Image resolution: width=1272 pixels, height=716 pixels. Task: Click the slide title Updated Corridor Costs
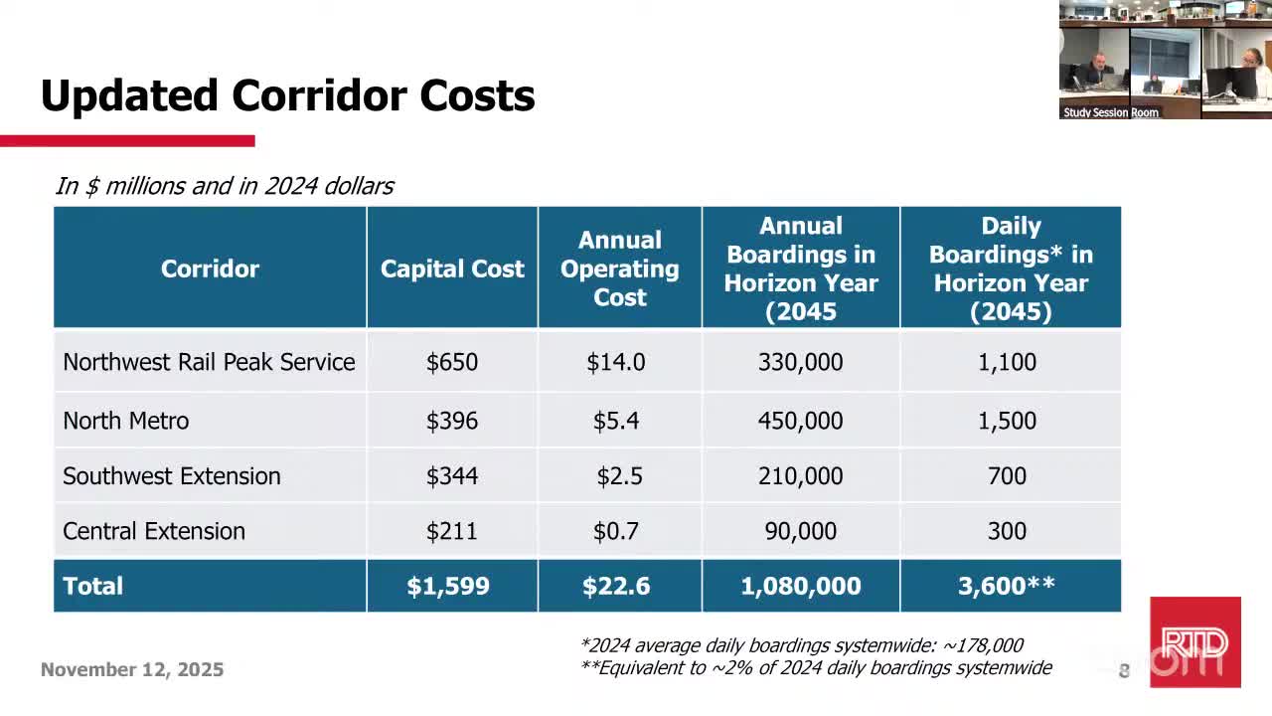(x=287, y=96)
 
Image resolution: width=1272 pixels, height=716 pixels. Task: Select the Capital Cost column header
(x=451, y=268)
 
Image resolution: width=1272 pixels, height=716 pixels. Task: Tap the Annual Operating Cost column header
(x=619, y=268)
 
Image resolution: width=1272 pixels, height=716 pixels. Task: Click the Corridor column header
(x=210, y=268)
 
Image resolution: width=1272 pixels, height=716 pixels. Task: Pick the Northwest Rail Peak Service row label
(x=209, y=362)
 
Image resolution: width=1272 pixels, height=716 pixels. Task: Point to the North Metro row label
(x=125, y=421)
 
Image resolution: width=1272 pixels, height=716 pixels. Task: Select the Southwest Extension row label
(x=171, y=476)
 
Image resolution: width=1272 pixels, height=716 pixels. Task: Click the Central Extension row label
(x=153, y=531)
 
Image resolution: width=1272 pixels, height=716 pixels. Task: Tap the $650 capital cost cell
(x=451, y=362)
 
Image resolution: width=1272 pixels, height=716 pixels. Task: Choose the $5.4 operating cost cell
(x=616, y=421)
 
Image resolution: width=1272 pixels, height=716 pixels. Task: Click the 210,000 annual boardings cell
(x=800, y=476)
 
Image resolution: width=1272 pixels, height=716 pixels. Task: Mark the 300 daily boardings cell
(x=1007, y=531)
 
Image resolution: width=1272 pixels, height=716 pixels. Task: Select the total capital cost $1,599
(x=448, y=586)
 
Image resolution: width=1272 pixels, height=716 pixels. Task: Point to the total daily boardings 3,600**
(x=1007, y=586)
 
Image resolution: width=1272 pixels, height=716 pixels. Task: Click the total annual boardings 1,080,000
(x=800, y=586)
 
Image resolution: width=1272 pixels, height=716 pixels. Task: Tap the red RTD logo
(x=1194, y=641)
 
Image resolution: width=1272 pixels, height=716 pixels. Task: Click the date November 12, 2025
(x=132, y=670)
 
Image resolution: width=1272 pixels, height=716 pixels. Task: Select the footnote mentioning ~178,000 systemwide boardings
(x=801, y=645)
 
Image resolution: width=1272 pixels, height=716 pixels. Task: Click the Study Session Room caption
(x=1110, y=112)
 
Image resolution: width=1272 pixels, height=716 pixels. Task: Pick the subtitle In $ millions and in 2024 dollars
(x=225, y=186)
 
